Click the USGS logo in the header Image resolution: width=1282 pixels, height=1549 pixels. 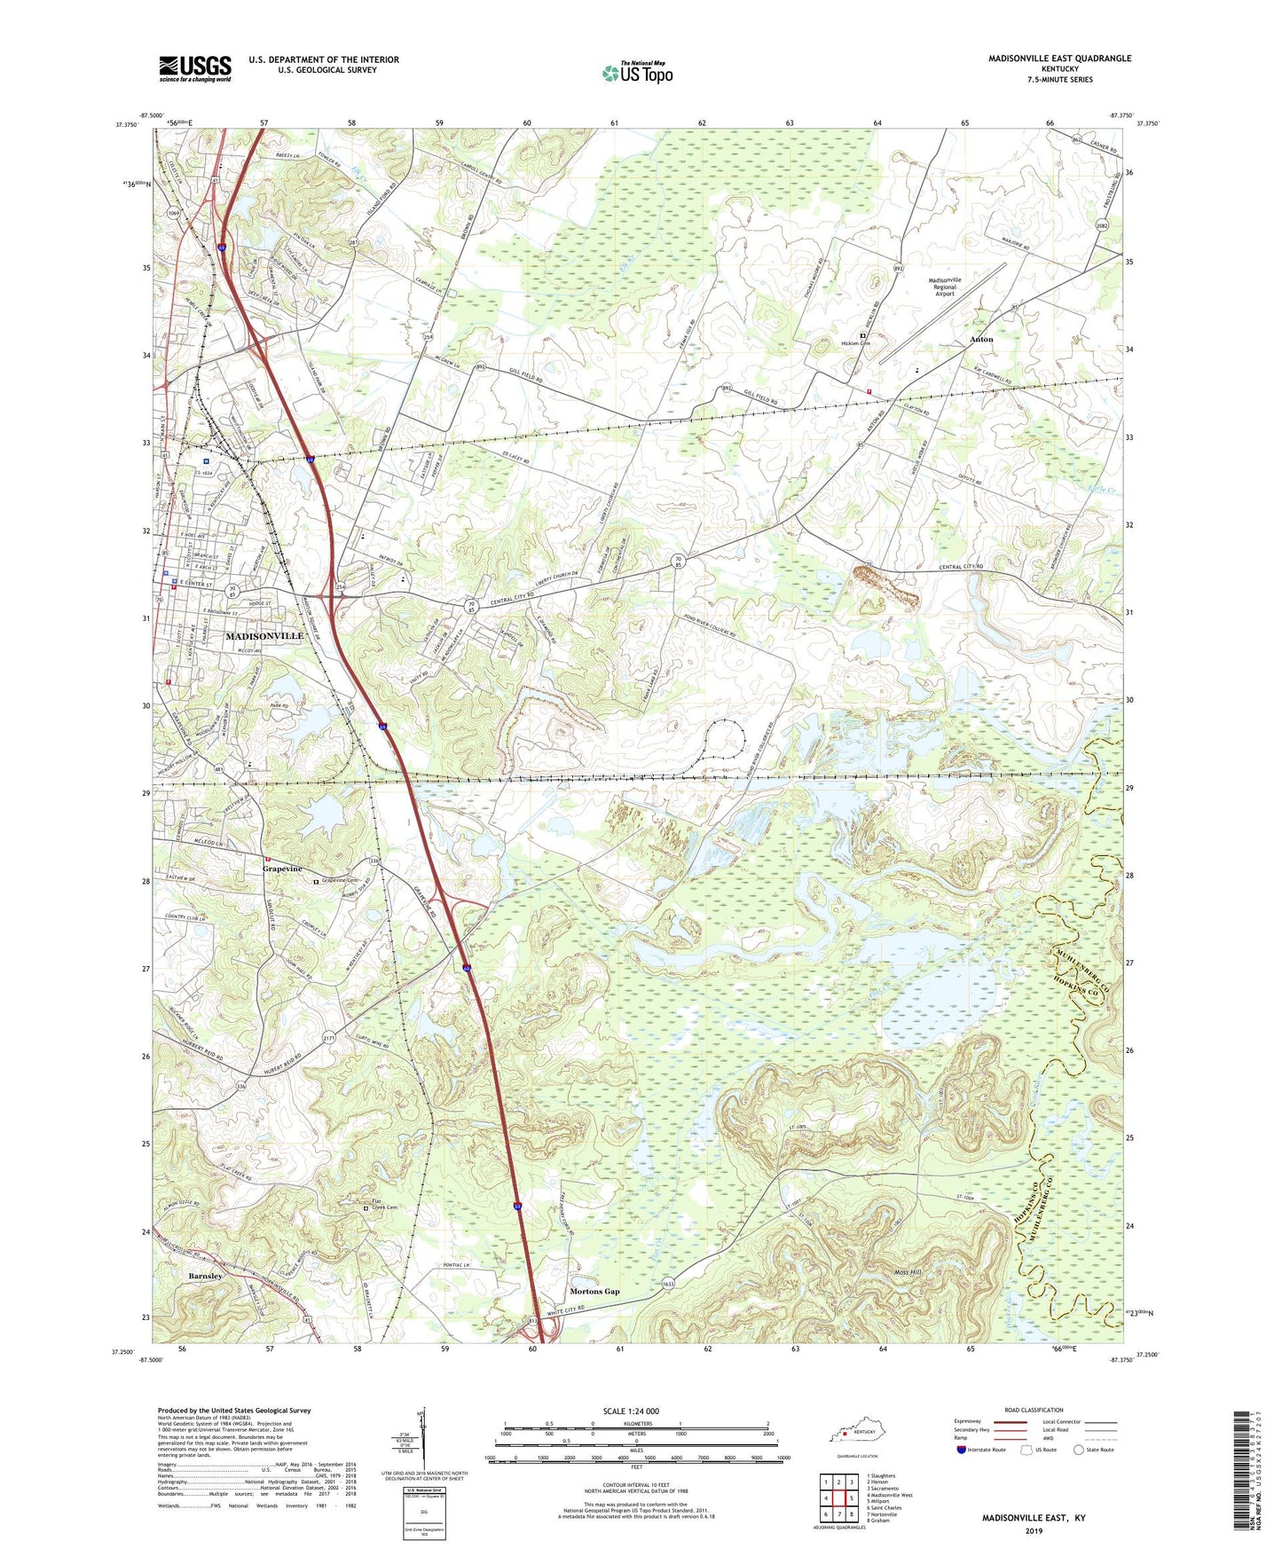click(x=195, y=68)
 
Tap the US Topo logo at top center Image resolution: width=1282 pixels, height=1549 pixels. click(x=637, y=73)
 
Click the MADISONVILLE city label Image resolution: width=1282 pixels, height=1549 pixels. click(x=263, y=636)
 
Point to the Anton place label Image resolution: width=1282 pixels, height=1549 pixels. click(x=980, y=339)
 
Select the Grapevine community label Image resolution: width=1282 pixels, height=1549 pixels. click(x=282, y=869)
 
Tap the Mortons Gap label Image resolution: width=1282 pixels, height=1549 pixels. click(x=594, y=1291)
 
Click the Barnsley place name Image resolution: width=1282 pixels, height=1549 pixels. click(x=205, y=1276)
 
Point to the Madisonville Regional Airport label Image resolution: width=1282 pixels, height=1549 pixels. click(x=944, y=287)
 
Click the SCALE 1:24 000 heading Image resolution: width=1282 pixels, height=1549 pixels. click(x=631, y=1411)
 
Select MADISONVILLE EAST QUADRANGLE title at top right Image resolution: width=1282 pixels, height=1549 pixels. click(x=1059, y=59)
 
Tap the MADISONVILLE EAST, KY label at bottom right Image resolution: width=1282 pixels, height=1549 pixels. click(x=1033, y=1518)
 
